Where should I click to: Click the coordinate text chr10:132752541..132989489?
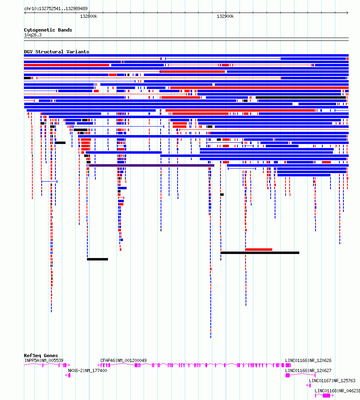[56, 8]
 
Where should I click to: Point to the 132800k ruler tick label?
[89, 16]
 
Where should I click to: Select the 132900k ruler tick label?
[225, 16]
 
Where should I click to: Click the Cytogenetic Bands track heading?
[48, 30]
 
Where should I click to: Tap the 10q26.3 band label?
[33, 35]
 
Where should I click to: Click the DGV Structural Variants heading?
[56, 52]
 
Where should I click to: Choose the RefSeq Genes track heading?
[41, 356]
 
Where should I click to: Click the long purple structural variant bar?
[152, 165]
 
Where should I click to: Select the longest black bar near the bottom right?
[260, 253]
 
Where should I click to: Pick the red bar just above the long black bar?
[259, 250]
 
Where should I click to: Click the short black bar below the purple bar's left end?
[97, 259]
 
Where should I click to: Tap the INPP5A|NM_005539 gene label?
[44, 360]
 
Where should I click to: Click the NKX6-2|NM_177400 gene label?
[87, 370]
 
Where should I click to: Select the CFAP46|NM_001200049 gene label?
[123, 360]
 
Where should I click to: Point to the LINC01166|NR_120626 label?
[308, 360]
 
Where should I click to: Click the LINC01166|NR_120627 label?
[308, 370]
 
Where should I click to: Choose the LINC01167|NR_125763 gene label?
[332, 381]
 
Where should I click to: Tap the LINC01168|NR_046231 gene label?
[337, 391]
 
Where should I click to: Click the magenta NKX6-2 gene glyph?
[68, 375]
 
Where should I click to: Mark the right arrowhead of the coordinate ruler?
[347, 13]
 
